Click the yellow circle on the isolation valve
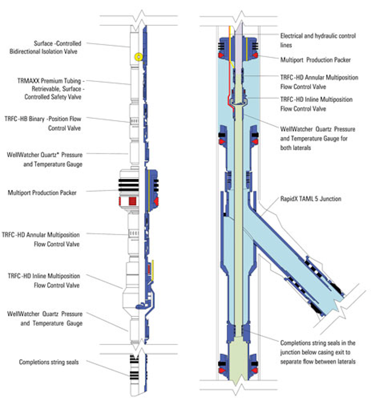[138, 56]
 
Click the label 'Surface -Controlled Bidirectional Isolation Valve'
[45, 47]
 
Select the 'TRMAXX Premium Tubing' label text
[51, 81]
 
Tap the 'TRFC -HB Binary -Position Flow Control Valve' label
[43, 124]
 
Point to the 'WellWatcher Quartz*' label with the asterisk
[45, 155]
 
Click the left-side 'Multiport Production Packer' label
[42, 193]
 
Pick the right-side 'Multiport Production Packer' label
[315, 60]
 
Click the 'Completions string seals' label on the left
[49, 362]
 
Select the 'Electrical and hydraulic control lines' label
[318, 40]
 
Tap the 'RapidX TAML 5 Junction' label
[311, 199]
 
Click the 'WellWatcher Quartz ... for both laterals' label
[317, 138]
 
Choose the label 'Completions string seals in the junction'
[318, 352]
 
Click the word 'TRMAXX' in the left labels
[28, 81]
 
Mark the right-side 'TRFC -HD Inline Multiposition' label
[316, 104]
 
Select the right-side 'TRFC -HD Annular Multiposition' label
[319, 82]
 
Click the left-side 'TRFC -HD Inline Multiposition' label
[44, 281]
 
